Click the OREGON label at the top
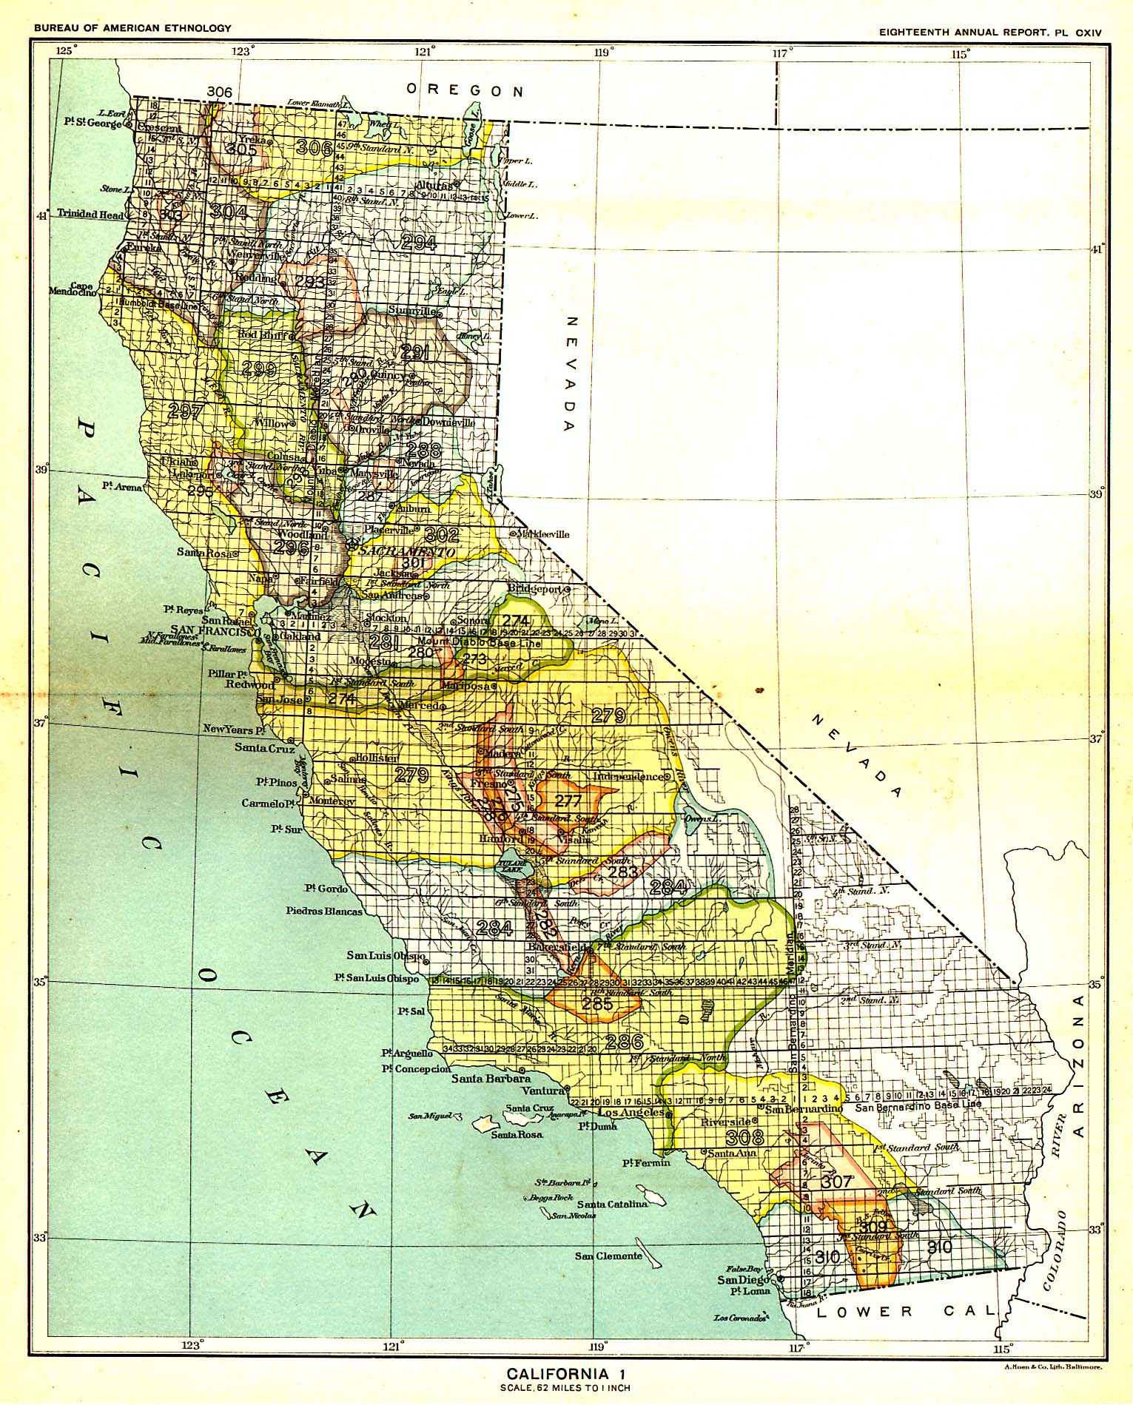pos(465,91)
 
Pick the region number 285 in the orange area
pos(596,1005)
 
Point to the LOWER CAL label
pos(907,1312)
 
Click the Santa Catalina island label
pos(612,1204)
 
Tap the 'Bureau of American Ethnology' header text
pos(132,28)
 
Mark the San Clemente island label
pos(608,1256)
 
